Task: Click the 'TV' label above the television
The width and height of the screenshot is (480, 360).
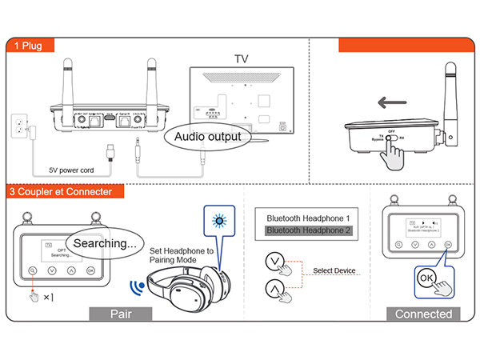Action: click(x=242, y=59)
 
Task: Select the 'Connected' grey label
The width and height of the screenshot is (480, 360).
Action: click(x=423, y=314)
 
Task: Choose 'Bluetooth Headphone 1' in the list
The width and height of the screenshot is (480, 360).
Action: click(x=308, y=218)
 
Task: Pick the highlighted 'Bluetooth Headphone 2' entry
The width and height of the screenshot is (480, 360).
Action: click(x=308, y=231)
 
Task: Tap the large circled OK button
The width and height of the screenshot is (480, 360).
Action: click(x=426, y=278)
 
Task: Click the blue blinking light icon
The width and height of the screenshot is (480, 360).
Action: click(x=216, y=222)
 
